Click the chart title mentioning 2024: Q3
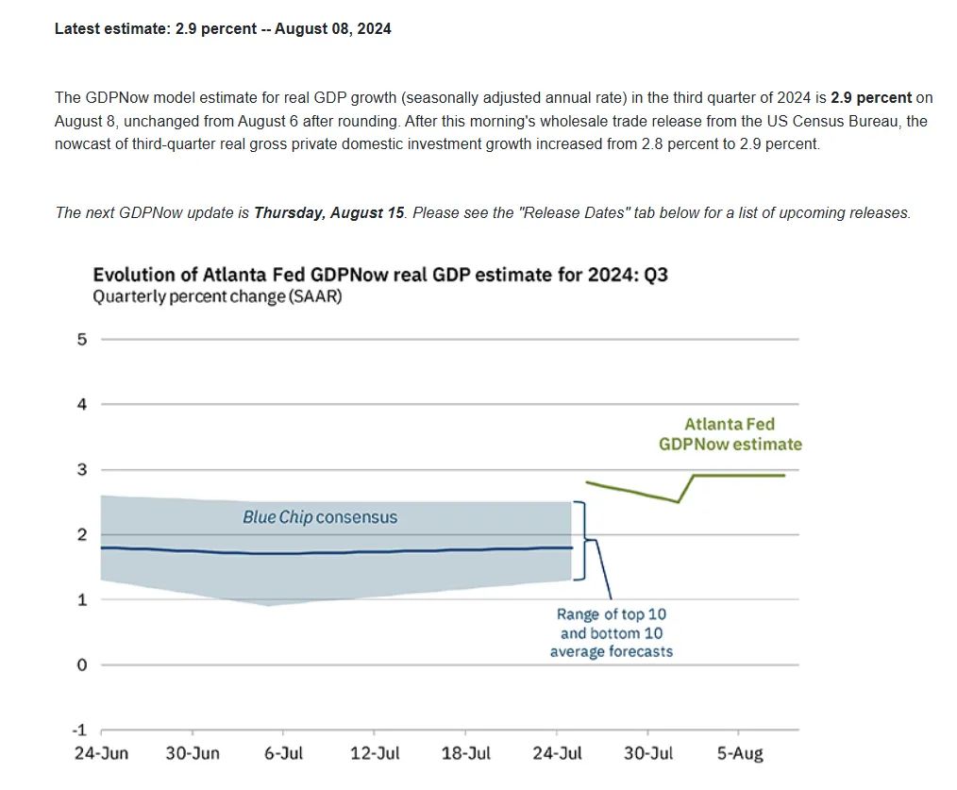tap(380, 275)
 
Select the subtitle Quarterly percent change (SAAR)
tap(217, 296)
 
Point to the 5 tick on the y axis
tap(82, 340)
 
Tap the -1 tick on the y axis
tap(80, 731)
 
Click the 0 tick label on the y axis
tap(82, 664)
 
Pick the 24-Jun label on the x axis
tap(101, 753)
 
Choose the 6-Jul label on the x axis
tap(283, 753)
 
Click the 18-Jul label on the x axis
tap(465, 753)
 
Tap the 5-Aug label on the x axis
tap(740, 753)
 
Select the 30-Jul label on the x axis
tap(648, 753)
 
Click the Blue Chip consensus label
tap(320, 518)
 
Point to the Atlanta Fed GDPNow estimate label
tap(730, 434)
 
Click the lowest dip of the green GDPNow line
tap(678, 502)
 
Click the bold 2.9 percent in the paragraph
tap(871, 97)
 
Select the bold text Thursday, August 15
tap(329, 213)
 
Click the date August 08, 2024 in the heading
tap(332, 28)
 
